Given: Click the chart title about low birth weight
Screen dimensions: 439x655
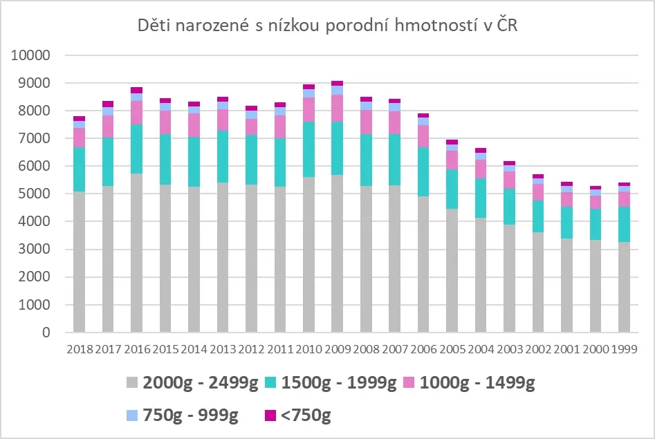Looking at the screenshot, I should (327, 26).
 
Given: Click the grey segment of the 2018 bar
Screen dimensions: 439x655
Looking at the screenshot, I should (80, 263).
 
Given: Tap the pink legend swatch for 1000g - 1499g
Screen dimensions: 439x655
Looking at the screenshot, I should (409, 383).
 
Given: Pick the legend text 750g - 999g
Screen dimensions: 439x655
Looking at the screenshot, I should (190, 415).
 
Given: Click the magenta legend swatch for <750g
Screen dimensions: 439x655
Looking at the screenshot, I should (270, 415).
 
